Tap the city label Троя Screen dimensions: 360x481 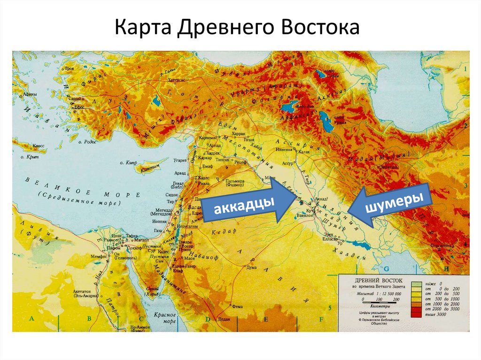click(x=70, y=68)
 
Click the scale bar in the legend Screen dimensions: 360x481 click(x=375, y=299)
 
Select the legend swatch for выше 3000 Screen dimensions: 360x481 click(x=415, y=315)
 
